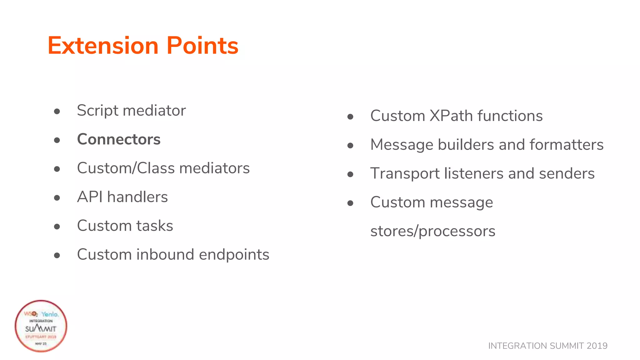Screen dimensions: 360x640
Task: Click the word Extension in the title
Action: [103, 46]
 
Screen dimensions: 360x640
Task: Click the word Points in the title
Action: [202, 46]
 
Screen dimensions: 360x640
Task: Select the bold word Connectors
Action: [119, 139]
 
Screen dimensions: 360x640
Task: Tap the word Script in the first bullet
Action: [97, 111]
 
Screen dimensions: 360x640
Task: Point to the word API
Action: [90, 197]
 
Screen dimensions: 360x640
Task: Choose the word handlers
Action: [137, 197]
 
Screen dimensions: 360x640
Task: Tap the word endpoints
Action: [234, 254]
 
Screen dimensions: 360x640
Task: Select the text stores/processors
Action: [432, 231]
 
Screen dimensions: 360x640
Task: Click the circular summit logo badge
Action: [41, 326]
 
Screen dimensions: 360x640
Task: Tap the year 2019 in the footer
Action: [597, 346]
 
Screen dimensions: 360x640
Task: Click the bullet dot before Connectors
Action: [57, 140]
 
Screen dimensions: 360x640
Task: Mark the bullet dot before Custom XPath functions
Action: [350, 117]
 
